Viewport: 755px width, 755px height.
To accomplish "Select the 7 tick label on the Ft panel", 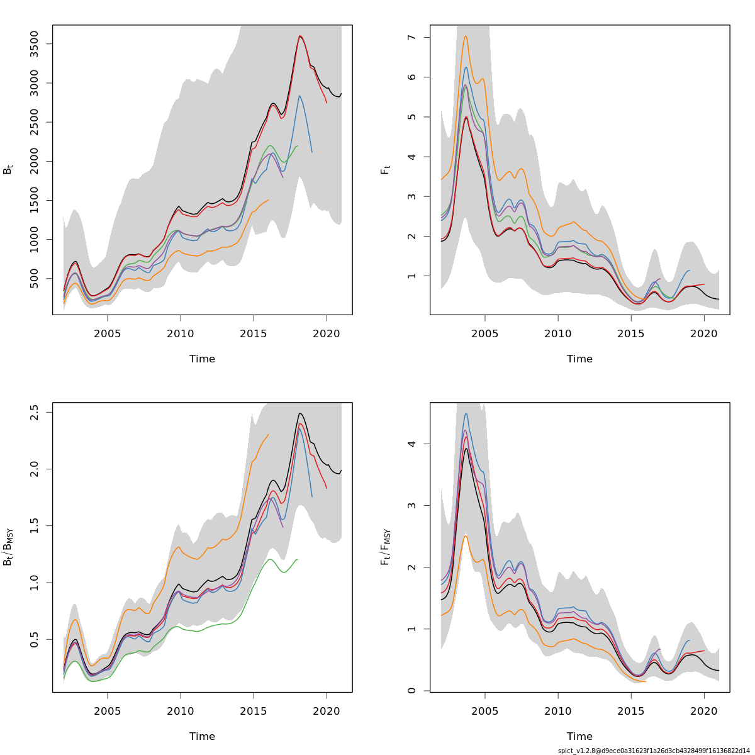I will [x=412, y=38].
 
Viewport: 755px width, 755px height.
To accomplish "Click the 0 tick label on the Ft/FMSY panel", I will [x=412, y=690].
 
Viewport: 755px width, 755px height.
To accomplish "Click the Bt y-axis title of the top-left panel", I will [x=8, y=169].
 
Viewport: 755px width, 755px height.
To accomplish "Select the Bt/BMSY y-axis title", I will [x=8, y=547].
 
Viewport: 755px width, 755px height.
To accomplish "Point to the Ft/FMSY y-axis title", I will [x=386, y=547].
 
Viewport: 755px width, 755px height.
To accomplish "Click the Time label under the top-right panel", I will [x=579, y=359].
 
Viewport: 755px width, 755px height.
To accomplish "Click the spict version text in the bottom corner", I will [x=654, y=751].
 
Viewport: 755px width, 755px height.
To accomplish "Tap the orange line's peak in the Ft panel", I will [x=466, y=36].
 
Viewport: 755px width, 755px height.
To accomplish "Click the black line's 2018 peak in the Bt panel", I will [x=300, y=36].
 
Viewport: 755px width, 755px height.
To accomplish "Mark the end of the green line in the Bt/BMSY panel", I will [x=298, y=559].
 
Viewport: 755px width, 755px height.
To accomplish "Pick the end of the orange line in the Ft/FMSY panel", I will [x=646, y=681].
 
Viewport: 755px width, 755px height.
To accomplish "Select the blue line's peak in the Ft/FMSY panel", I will [x=466, y=413].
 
